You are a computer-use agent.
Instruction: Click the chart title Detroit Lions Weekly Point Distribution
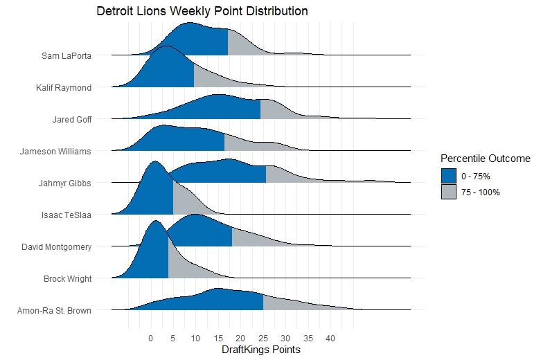tap(202, 12)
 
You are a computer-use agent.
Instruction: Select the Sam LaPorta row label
tap(66, 55)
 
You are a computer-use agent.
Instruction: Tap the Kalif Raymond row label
tap(64, 88)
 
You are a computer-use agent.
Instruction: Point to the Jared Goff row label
tap(72, 120)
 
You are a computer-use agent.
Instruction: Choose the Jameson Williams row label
tap(56, 152)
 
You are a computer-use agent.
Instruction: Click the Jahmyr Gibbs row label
tap(66, 183)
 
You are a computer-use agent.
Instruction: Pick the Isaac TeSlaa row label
tap(66, 215)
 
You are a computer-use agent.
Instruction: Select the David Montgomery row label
tap(57, 246)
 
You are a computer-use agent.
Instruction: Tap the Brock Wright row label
tap(68, 279)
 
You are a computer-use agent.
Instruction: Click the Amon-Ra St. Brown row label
tap(54, 311)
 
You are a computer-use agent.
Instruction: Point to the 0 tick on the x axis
tap(150, 339)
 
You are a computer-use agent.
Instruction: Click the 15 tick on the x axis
tap(218, 339)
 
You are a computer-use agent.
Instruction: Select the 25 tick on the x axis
tap(263, 339)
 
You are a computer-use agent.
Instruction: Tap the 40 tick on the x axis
tap(331, 339)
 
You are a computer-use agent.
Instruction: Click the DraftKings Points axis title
tap(260, 350)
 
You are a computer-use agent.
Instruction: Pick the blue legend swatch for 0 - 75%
tap(450, 177)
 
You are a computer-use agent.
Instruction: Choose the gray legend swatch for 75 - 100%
tap(450, 192)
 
